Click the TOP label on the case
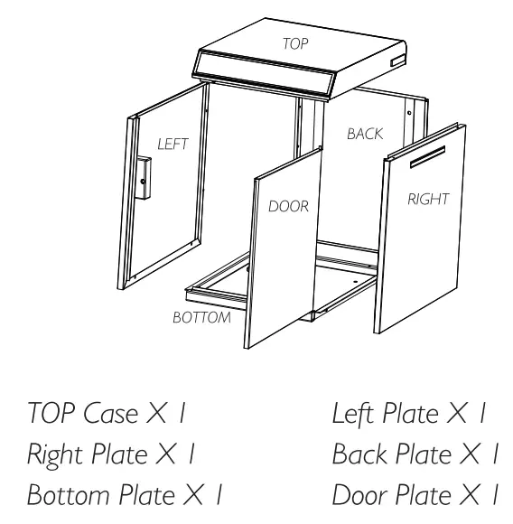295,42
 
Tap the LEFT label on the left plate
171,144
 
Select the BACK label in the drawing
365,134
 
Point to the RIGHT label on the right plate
427,200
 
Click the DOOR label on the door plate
289,206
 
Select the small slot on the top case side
396,61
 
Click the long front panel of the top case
266,78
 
